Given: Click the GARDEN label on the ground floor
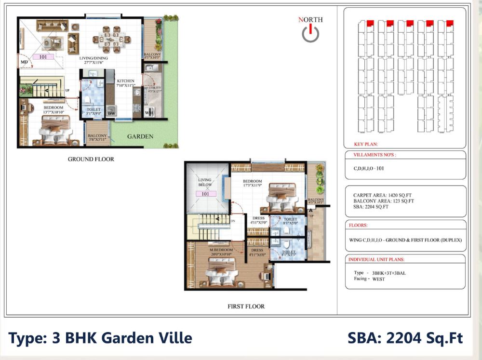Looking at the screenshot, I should click(140, 136).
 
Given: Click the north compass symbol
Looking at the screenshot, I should click(310, 32).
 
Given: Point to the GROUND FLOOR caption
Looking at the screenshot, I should click(91, 159).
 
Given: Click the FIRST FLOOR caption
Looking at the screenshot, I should click(246, 306).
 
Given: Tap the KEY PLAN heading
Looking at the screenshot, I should click(366, 144).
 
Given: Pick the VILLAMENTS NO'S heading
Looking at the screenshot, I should click(375, 155).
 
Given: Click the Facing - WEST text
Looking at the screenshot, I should click(369, 279).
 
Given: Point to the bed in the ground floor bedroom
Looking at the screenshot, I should click(55, 130).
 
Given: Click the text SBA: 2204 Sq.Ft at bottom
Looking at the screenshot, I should click(405, 338).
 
